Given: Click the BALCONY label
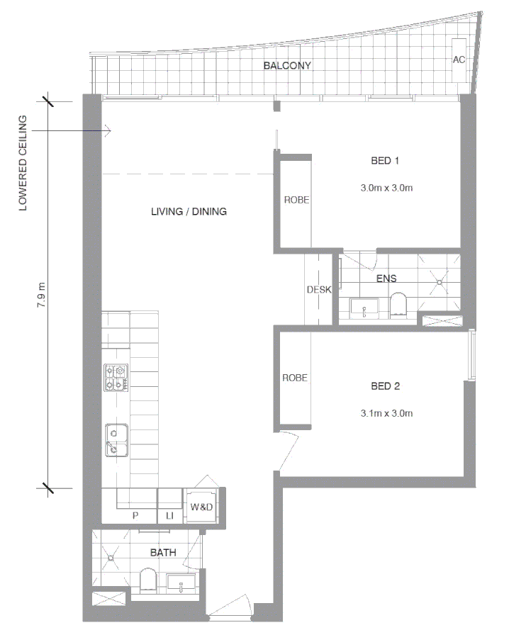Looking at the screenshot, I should [x=287, y=66].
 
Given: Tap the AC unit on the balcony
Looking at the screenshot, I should [x=459, y=60].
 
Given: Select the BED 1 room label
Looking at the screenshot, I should [x=386, y=161].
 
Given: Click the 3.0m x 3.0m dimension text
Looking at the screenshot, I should [x=386, y=188].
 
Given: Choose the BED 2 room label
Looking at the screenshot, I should [x=386, y=386].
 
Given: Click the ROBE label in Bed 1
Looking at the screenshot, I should [x=296, y=201].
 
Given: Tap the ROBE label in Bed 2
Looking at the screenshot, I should [x=295, y=378].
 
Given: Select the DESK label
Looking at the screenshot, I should [x=315, y=290].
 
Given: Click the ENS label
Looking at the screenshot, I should [x=387, y=279].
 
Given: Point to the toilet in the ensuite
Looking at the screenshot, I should [x=399, y=303].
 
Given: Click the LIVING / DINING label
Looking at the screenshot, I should [x=189, y=211].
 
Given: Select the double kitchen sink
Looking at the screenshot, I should [x=115, y=440].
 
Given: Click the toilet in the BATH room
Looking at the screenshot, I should [x=150, y=580].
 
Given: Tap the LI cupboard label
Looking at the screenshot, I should [x=169, y=517].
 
